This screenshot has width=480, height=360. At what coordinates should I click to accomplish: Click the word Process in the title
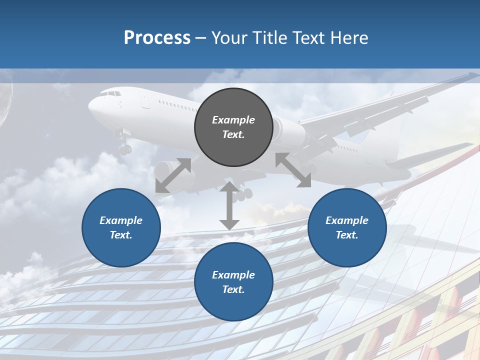(157, 38)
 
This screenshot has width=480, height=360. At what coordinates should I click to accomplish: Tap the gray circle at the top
(233, 127)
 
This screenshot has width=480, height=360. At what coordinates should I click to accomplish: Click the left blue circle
(121, 227)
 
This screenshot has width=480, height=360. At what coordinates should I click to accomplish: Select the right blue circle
(347, 227)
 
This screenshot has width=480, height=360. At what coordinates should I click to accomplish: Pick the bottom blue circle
(233, 282)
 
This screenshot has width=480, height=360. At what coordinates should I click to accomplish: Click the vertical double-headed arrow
(229, 205)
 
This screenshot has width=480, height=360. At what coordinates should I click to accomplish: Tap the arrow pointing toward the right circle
(293, 170)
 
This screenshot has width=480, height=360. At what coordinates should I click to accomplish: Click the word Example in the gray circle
(233, 120)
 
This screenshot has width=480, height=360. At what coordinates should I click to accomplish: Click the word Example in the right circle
(347, 220)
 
